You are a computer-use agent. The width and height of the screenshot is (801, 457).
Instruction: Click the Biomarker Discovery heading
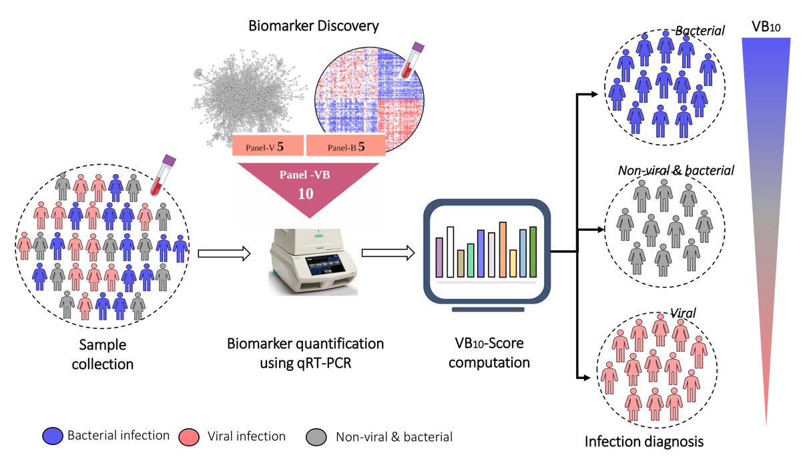(314, 27)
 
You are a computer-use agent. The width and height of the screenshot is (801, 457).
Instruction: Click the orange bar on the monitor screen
(503, 249)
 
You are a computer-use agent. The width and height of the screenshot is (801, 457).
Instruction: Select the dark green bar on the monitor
(533, 252)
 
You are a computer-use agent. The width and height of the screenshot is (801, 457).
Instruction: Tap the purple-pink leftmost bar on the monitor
(439, 257)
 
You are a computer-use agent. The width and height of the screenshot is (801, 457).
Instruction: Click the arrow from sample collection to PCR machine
(224, 253)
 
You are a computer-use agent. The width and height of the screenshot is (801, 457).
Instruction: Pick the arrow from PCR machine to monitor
(388, 253)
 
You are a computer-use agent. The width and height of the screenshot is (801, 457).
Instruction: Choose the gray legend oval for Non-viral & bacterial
(318, 437)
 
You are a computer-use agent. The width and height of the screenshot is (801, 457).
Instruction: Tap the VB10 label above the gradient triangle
(766, 28)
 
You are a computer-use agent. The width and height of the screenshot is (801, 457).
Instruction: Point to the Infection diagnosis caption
(644, 441)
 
